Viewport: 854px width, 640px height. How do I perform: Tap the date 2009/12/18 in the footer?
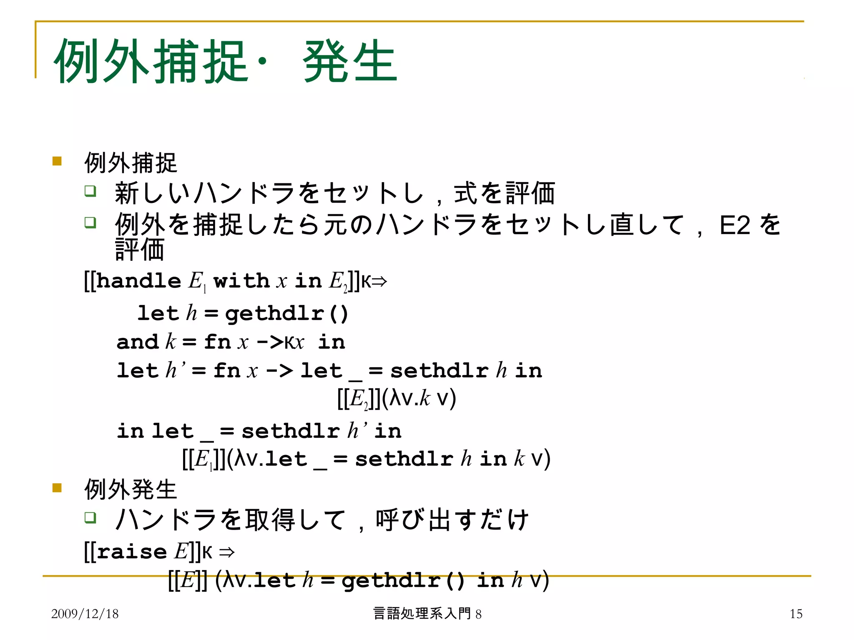click(x=85, y=614)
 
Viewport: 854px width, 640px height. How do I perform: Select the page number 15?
click(x=796, y=614)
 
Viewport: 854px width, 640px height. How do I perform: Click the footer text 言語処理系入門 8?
click(x=427, y=614)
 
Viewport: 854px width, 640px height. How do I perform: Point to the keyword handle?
click(x=138, y=281)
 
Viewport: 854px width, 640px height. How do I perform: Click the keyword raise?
click(x=132, y=552)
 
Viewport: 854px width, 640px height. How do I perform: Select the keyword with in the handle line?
click(x=241, y=281)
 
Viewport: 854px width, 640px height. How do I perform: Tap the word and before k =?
click(x=137, y=342)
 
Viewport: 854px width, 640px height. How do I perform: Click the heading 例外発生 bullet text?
click(x=131, y=489)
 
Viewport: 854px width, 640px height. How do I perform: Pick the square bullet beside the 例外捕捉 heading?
click(x=57, y=161)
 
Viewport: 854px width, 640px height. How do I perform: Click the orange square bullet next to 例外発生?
click(x=57, y=487)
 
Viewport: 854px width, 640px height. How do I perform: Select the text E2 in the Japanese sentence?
click(x=735, y=225)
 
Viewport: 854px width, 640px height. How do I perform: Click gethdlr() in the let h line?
click(x=286, y=314)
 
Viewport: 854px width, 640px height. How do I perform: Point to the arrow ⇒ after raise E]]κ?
click(x=227, y=552)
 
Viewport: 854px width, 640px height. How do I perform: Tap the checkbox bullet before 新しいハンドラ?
click(x=90, y=191)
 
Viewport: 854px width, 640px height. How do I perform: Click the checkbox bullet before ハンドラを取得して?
click(x=90, y=518)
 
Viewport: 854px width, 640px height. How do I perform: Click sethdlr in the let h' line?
click(x=440, y=371)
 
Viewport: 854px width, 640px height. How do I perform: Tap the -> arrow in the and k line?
click(x=270, y=342)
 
